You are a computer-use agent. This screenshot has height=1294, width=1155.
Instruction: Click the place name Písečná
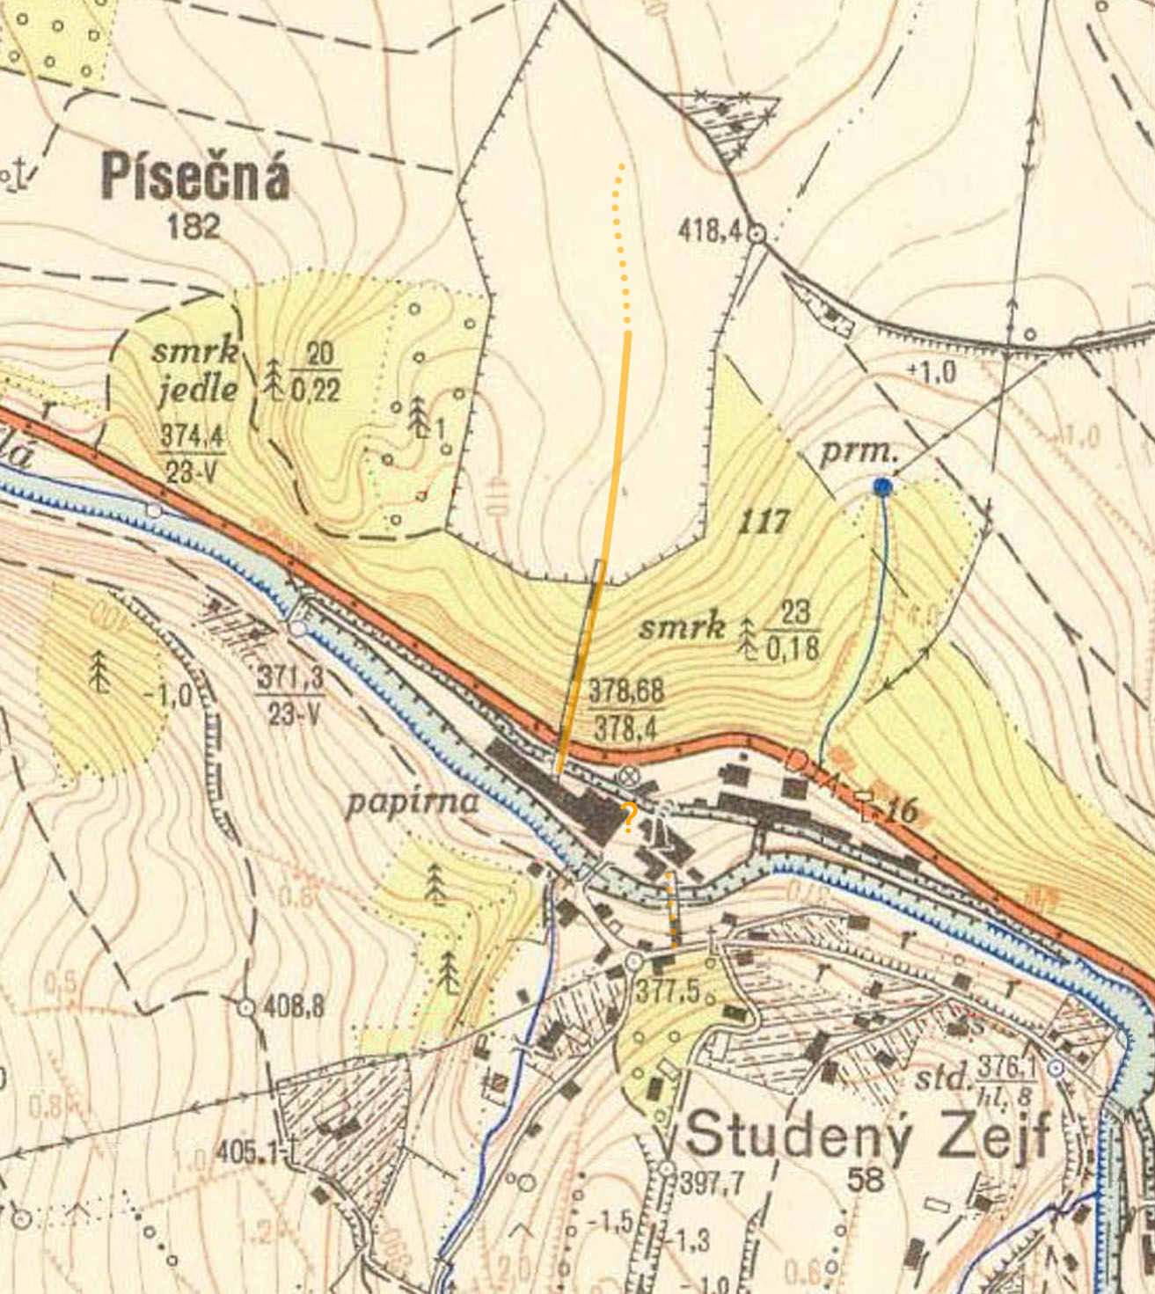(194, 177)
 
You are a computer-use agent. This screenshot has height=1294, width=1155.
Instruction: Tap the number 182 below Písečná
(194, 226)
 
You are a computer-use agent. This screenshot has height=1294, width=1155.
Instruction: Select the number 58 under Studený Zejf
(866, 1179)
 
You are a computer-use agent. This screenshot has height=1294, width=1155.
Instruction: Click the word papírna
(413, 801)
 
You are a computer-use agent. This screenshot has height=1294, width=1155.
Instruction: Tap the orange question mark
(629, 817)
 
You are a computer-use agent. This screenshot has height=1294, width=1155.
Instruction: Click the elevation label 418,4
(711, 232)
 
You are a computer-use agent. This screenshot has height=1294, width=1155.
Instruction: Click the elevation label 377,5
(669, 991)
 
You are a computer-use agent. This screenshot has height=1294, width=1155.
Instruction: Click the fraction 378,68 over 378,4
(625, 709)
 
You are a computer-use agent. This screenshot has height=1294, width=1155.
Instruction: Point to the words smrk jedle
(196, 369)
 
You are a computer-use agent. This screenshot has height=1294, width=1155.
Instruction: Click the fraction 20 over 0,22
(314, 371)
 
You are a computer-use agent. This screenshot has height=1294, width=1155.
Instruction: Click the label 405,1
(244, 1151)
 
